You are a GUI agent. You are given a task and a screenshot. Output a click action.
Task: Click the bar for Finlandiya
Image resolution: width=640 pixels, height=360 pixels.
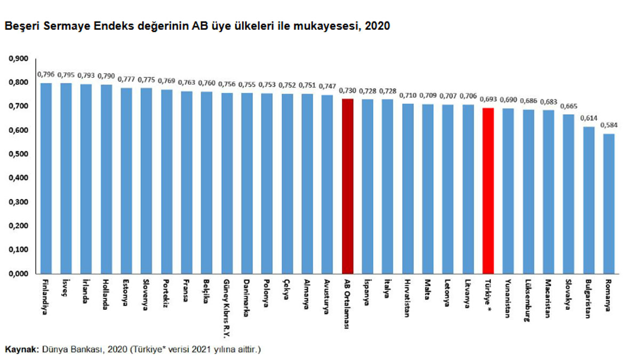[x=46, y=179]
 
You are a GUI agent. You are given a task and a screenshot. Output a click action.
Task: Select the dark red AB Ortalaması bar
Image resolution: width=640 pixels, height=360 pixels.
[x=348, y=186]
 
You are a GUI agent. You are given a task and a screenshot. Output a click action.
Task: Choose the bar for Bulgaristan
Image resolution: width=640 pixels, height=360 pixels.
[x=589, y=200]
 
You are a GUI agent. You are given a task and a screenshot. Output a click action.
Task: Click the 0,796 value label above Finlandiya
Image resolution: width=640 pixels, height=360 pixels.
[x=46, y=75]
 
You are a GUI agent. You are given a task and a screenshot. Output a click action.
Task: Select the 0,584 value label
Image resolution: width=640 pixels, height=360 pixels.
[x=609, y=126]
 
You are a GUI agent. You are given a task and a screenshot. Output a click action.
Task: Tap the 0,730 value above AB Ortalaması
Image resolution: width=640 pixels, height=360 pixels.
[x=348, y=91]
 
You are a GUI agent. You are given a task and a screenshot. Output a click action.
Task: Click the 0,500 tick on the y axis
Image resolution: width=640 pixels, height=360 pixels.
[x=19, y=154]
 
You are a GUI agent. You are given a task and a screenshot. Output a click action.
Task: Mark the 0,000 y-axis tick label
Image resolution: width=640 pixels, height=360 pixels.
[x=19, y=274]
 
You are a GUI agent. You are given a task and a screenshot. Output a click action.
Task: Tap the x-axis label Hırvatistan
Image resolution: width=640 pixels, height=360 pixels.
[x=408, y=299]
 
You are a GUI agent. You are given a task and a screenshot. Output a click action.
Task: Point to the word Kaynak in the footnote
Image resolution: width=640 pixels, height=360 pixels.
[x=21, y=349]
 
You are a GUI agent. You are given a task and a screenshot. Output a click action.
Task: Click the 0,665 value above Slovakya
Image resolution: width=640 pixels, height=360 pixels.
[x=569, y=107]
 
